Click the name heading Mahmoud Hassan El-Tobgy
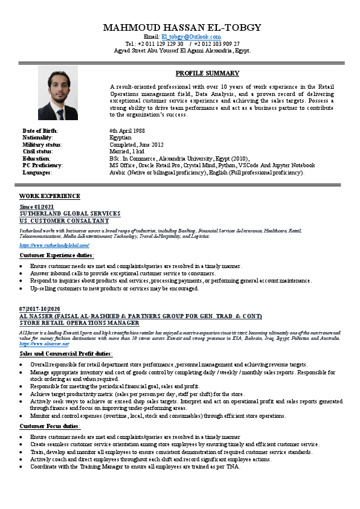(182, 28)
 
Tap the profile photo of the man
(58, 92)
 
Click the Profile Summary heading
(207, 73)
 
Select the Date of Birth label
(40, 131)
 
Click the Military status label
(42, 145)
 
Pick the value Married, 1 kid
(127, 152)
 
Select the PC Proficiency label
(43, 165)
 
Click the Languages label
(37, 172)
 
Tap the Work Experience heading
(50, 196)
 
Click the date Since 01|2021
(37, 207)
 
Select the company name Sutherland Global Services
(69, 214)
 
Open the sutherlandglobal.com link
(54, 246)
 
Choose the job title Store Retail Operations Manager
(79, 323)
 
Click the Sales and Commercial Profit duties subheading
(65, 354)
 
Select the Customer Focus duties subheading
(50, 426)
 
